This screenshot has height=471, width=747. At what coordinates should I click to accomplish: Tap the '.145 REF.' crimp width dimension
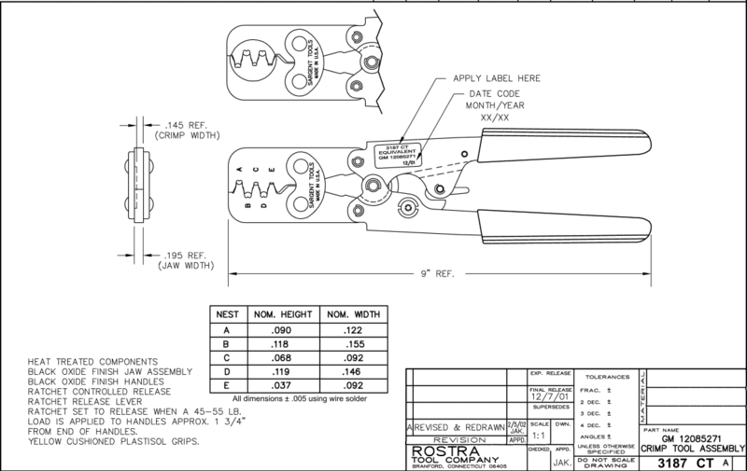coord(164,124)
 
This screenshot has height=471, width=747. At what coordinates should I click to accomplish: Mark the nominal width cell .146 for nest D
coord(350,372)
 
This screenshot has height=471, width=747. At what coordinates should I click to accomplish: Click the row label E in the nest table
coord(228,387)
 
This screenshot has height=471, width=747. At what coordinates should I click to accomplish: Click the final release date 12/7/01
coord(546,395)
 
